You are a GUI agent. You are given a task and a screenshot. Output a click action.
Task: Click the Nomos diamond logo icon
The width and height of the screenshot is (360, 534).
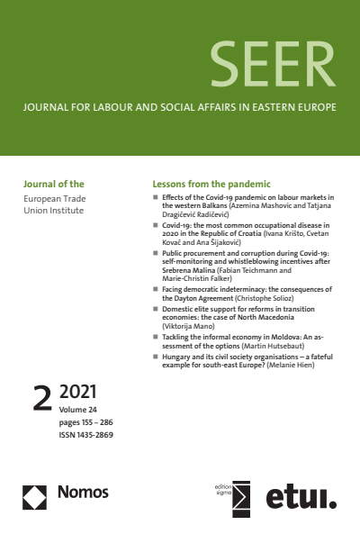[x=35, y=496]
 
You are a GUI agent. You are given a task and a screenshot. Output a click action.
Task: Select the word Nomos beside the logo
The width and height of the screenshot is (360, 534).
[x=84, y=493]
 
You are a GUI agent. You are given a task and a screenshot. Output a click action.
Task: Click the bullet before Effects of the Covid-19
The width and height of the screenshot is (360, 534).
[x=156, y=196]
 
